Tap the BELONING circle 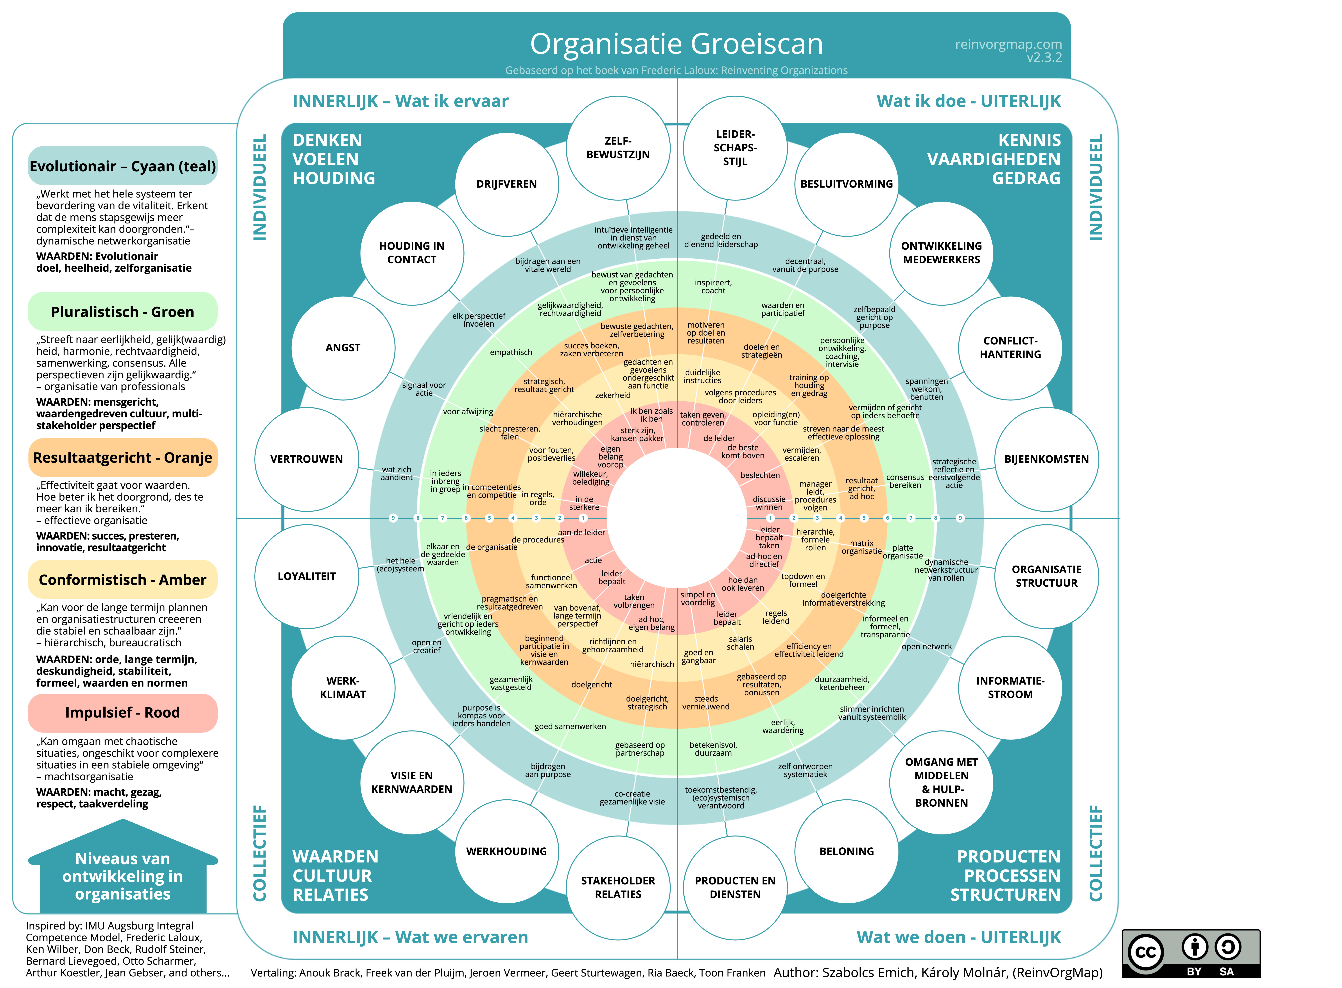coord(846,851)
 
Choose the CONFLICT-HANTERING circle coord(1010,347)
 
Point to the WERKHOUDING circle coord(507,851)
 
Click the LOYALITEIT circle coord(307,576)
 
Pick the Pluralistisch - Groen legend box coord(123,312)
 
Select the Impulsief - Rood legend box coord(123,712)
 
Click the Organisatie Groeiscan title coord(676,44)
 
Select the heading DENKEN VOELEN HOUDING coord(334,159)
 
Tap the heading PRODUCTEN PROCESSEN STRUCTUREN coord(1005,876)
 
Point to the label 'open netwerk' coord(926,646)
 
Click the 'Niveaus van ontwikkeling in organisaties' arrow coord(123,867)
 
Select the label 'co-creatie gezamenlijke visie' coord(632,798)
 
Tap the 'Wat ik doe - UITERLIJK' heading coord(968,101)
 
